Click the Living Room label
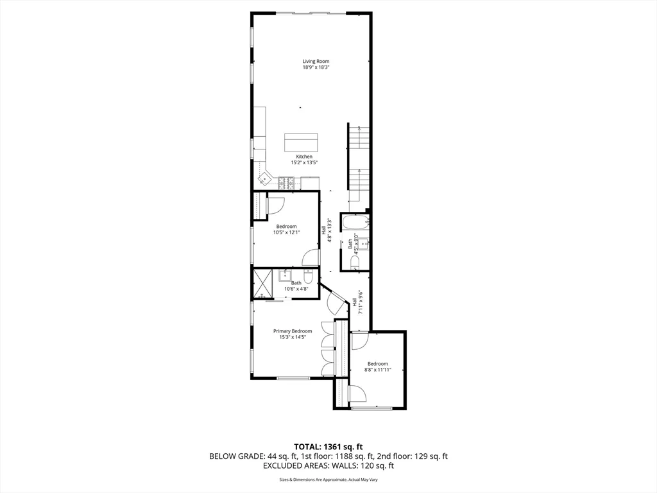coord(316,62)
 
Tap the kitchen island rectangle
coord(301,141)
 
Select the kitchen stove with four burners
coord(286,184)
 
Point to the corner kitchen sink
coord(264,177)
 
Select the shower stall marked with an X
coord(263,282)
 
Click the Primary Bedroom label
coord(292,331)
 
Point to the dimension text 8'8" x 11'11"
coord(377,370)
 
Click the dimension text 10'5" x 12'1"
coord(286,232)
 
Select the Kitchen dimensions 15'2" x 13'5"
coord(304,163)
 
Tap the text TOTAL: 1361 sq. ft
coord(328,446)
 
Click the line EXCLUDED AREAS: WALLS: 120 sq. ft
coord(328,465)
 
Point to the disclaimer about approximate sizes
coord(328,480)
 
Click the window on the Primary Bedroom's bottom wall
coord(293,378)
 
